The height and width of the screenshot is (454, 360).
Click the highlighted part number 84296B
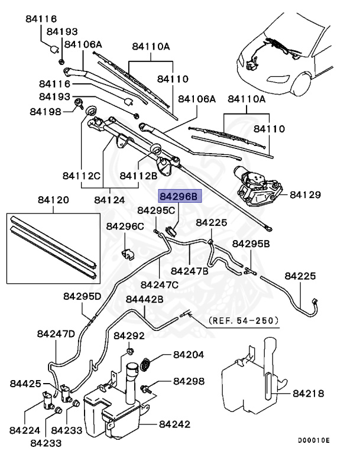coord(180,196)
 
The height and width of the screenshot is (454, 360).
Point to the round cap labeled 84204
coord(145,364)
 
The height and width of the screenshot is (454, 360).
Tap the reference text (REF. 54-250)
coord(244,320)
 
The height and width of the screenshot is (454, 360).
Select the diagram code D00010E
coord(313,441)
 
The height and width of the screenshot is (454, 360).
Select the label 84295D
coord(83,296)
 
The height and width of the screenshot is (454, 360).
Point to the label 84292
coord(129,336)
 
